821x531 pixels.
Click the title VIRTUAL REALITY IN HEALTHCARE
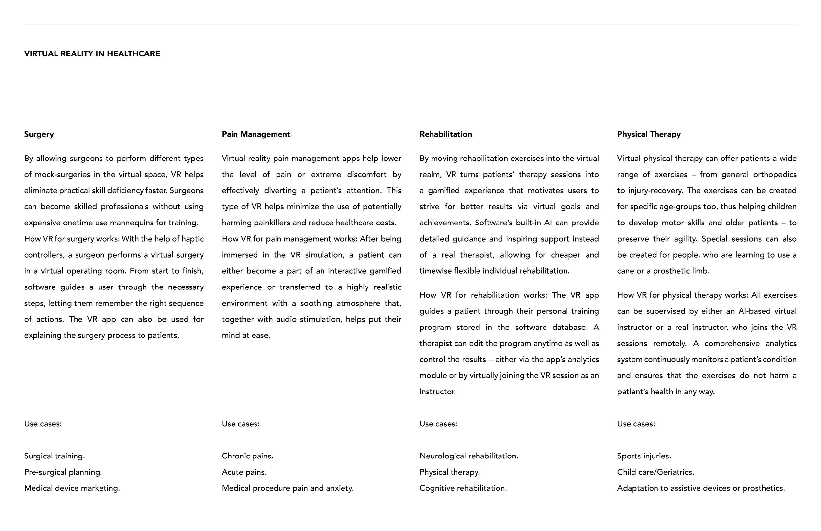click(92, 54)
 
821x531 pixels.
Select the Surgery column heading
click(39, 134)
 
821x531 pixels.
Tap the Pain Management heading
click(255, 134)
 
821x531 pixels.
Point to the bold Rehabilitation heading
click(445, 134)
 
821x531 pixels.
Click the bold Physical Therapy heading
click(649, 134)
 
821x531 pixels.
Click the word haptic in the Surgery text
click(192, 239)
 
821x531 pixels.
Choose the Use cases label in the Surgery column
click(43, 424)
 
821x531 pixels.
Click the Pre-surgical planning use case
click(63, 472)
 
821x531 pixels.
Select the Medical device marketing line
click(72, 488)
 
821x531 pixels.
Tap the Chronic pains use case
click(247, 456)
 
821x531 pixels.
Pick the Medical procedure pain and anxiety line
click(287, 488)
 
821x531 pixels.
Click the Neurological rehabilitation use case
click(468, 456)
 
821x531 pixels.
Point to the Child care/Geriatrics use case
click(655, 472)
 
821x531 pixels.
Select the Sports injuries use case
click(644, 456)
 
